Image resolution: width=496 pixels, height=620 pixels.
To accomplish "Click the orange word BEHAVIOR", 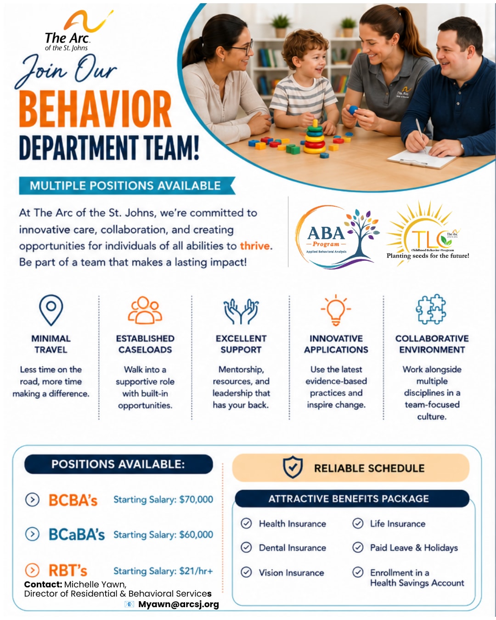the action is [96, 109].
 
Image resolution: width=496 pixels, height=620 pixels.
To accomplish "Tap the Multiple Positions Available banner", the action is [127, 186].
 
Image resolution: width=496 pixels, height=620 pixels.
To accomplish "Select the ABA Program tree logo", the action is [337, 236].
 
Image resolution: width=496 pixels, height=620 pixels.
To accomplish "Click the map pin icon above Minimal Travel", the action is [51, 310].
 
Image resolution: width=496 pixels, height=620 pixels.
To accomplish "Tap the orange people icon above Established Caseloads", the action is [145, 310].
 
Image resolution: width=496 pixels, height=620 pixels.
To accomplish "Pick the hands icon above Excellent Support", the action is [241, 311].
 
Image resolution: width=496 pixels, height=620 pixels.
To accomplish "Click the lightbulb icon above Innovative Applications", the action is [336, 310].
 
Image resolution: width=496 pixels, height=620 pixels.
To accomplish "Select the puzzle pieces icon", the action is [431, 309].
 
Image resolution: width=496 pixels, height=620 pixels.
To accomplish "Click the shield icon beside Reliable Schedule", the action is [293, 467].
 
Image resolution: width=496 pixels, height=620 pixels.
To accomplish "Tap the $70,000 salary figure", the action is [196, 499].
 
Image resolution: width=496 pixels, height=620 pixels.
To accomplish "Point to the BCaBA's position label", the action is [76, 535].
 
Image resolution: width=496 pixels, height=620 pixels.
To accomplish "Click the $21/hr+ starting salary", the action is [196, 571].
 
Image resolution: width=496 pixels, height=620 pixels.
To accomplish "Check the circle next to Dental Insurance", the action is [247, 547].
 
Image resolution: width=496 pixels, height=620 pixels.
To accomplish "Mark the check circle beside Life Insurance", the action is [358, 523].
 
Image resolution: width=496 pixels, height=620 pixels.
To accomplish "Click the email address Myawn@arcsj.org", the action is [179, 604].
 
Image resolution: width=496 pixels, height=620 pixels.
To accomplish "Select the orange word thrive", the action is [255, 246].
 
